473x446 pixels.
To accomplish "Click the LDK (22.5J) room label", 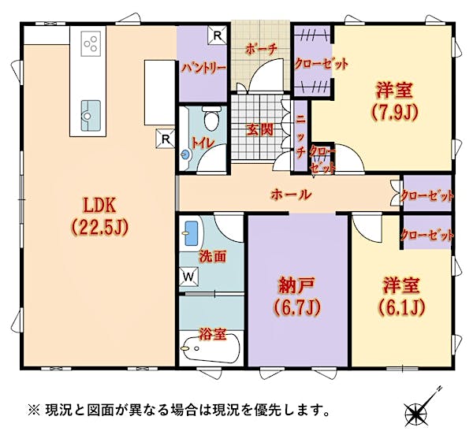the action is [99, 217].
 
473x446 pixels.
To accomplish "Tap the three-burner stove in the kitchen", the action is [91, 44].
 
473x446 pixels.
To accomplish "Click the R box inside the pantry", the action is [218, 35].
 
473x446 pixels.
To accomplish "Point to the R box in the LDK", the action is [165, 139].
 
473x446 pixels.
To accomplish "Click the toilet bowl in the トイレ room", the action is [211, 118].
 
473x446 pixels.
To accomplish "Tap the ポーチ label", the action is [261, 50].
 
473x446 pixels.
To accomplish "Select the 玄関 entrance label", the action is [260, 130].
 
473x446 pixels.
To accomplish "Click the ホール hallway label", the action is [291, 195].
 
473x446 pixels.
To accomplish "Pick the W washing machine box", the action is [189, 277].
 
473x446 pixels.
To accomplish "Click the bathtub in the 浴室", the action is [210, 349].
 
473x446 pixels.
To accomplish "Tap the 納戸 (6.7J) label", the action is [297, 296].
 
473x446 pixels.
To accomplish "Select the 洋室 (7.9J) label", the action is [394, 101].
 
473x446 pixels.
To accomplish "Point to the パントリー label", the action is [203, 68].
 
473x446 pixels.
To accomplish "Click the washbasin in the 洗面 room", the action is [192, 234].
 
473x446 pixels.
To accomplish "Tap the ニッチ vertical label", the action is [300, 136].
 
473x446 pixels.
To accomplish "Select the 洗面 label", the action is [212, 256].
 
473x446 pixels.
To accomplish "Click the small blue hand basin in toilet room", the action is [185, 154].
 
